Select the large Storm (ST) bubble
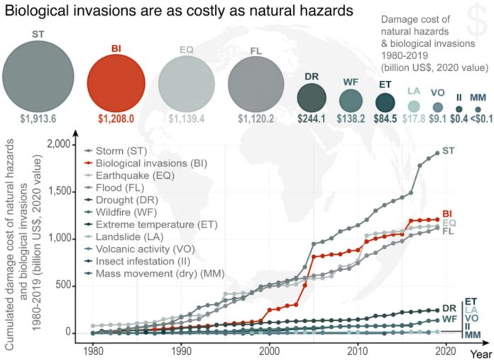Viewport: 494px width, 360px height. click(x=38, y=77)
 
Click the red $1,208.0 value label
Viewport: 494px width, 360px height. click(x=116, y=119)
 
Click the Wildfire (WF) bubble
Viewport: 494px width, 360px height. click(x=351, y=100)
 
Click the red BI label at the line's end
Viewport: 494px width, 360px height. click(x=448, y=213)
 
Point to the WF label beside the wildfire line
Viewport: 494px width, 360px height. click(x=449, y=320)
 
